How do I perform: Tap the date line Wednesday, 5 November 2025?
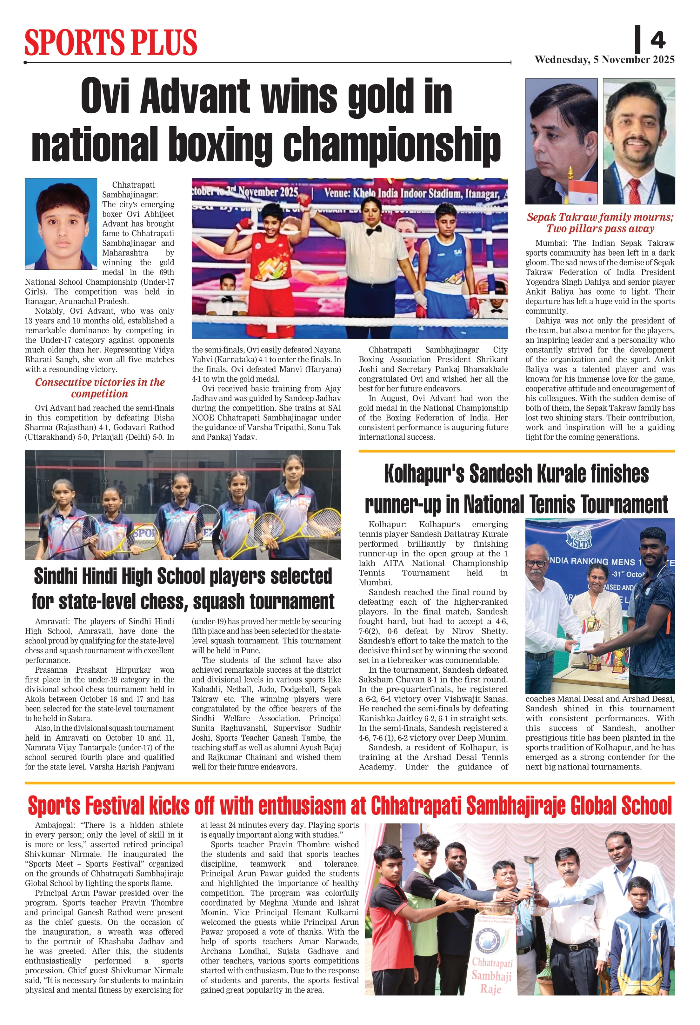(604, 60)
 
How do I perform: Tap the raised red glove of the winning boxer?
(303, 201)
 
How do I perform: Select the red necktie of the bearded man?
(634, 190)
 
